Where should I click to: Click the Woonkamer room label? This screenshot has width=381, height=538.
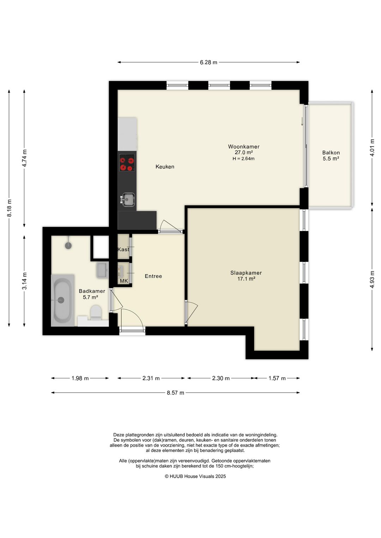[x=243, y=147]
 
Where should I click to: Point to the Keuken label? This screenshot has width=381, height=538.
[x=165, y=166]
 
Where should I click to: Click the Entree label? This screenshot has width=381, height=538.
[x=153, y=276]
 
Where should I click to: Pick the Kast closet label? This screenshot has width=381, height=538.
[x=123, y=249]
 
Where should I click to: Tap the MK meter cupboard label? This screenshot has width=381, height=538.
[x=124, y=281]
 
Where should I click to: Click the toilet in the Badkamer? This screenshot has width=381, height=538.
[x=96, y=312]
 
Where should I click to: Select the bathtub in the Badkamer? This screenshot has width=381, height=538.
[x=62, y=300]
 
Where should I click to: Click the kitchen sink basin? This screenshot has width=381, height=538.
[x=128, y=200]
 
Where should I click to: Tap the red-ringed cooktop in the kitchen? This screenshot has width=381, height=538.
[x=127, y=163]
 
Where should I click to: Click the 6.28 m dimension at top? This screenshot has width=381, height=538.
[x=208, y=62]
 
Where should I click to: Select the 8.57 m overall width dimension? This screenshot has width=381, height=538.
[x=175, y=393]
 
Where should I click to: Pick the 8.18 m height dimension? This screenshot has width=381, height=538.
[x=10, y=208]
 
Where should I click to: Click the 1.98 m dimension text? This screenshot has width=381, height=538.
[x=80, y=378]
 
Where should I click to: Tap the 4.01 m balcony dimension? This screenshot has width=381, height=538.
[x=372, y=148]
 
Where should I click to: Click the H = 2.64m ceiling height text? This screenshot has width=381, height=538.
[x=243, y=159]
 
